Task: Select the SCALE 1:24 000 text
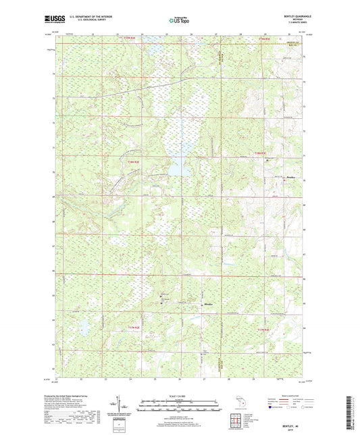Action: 180,396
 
